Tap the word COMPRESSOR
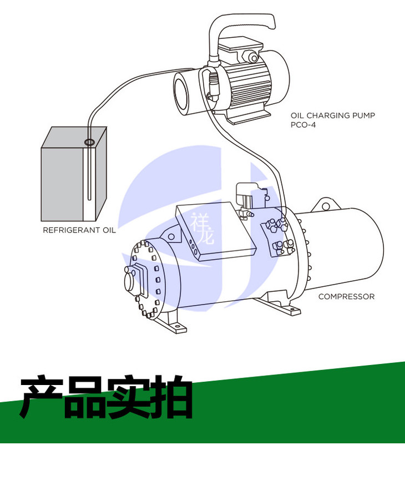[346, 297]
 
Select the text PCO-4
[302, 125]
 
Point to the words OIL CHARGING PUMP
[333, 116]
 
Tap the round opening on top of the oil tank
[89, 143]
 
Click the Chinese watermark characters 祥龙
[202, 230]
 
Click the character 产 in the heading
[42, 398]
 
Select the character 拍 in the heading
[172, 398]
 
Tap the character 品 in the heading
[85, 398]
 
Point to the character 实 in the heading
[129, 398]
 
